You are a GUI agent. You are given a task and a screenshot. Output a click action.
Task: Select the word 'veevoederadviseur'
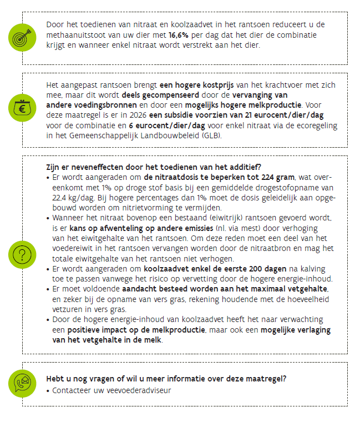pyautogui.click(x=136, y=390)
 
